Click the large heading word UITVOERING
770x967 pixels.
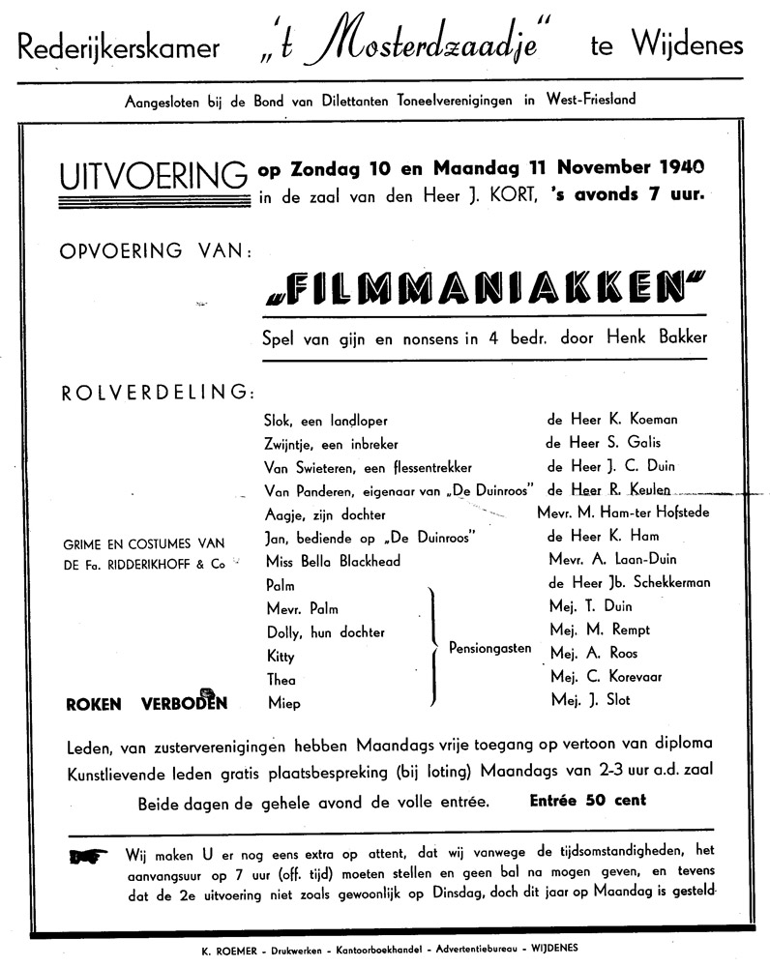(x=153, y=178)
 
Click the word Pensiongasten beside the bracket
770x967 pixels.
(x=489, y=648)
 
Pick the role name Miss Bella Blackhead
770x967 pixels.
(x=332, y=561)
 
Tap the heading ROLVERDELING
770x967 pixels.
(x=159, y=393)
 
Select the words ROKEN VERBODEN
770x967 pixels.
(x=146, y=703)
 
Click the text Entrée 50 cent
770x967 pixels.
(x=588, y=800)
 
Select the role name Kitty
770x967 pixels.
(x=280, y=656)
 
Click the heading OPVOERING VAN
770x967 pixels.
(x=157, y=251)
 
